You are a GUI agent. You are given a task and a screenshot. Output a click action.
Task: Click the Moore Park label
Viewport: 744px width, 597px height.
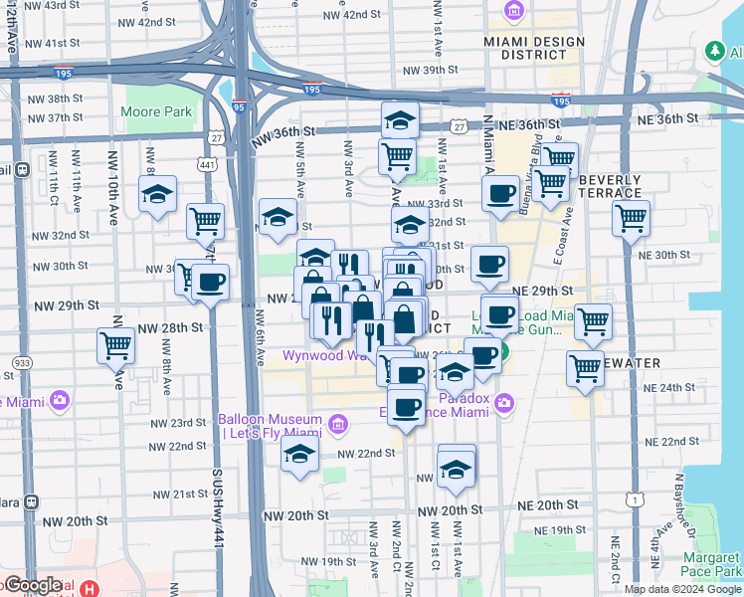click(x=156, y=112)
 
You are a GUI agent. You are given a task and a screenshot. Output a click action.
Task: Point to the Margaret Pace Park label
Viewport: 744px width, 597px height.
click(x=712, y=564)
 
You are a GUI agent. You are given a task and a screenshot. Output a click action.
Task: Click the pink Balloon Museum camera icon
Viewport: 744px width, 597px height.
click(x=337, y=426)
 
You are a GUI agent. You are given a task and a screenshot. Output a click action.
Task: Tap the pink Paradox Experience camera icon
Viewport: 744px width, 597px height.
click(x=504, y=403)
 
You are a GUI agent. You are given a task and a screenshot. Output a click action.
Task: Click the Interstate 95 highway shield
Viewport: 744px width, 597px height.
click(x=238, y=104)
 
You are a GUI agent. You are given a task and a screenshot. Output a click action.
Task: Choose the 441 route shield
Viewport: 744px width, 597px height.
click(x=207, y=164)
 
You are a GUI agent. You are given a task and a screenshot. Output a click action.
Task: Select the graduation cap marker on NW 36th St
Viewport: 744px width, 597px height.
click(x=400, y=120)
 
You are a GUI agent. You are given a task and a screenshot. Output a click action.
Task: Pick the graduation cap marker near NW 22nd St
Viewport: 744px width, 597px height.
click(x=299, y=458)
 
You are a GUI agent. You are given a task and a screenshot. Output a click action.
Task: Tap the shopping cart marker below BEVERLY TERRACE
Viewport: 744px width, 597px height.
click(x=632, y=219)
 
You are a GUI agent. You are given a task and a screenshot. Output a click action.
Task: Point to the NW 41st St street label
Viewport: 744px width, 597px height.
click(x=52, y=43)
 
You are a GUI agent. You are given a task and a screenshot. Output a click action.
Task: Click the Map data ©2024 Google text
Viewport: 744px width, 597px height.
click(x=681, y=589)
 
